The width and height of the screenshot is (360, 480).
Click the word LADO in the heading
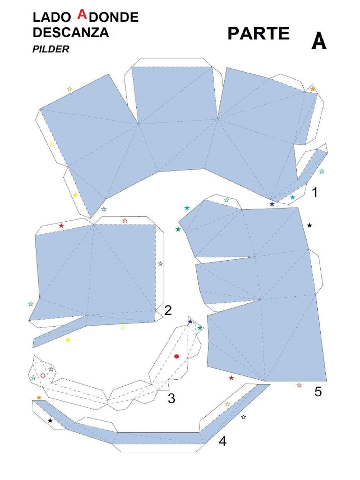coord(50,18)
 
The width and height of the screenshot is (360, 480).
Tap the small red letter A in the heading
coord(82,15)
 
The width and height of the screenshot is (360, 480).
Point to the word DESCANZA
coord(71,33)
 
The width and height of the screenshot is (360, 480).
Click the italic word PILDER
coord(51,49)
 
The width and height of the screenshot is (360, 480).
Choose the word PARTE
coord(258,34)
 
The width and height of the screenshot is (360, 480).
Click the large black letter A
coord(319,42)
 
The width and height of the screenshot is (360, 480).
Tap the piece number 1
coord(315,192)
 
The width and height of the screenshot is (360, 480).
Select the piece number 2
coord(168,310)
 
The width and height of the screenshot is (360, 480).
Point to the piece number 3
coord(172,399)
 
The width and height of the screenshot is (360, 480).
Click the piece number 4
coord(222,441)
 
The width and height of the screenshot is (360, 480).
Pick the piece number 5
coord(318,392)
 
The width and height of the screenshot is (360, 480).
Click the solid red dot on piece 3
coord(177,356)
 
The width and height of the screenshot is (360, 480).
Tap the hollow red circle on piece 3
coord(43,375)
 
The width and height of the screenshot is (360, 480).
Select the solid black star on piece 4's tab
coord(50,421)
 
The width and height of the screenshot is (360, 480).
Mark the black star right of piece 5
coord(309,225)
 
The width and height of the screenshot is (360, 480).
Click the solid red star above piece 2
coord(61,226)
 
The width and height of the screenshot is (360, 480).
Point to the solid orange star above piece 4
coord(39,397)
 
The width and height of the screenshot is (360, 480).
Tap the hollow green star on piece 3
coord(33,377)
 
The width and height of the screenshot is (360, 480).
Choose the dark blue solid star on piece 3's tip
coord(190,322)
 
